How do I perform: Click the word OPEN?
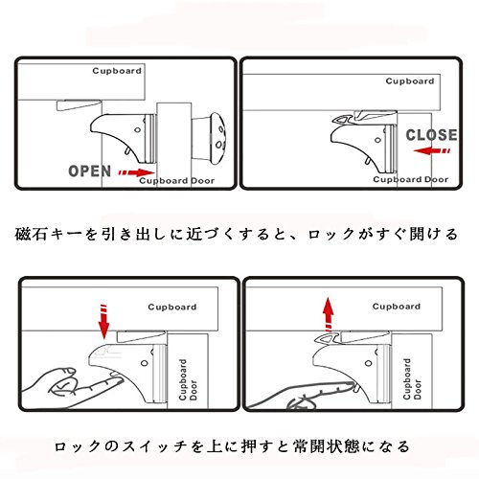(90, 171)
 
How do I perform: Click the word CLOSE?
(431, 135)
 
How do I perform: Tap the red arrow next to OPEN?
(136, 172)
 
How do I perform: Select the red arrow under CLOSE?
(432, 150)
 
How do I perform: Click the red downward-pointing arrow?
(103, 322)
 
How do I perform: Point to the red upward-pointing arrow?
(328, 315)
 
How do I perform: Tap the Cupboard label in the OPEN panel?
(117, 71)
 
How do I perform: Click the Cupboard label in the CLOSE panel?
(410, 81)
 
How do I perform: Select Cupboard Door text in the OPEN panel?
(177, 181)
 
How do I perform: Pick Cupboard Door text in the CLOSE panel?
(411, 179)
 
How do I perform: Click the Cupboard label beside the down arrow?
(172, 308)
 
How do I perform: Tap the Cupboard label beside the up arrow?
(397, 307)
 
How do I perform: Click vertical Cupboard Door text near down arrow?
(188, 380)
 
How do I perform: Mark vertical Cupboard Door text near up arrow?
(412, 379)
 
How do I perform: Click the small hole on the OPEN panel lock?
(138, 130)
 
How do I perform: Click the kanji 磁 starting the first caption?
(23, 234)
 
